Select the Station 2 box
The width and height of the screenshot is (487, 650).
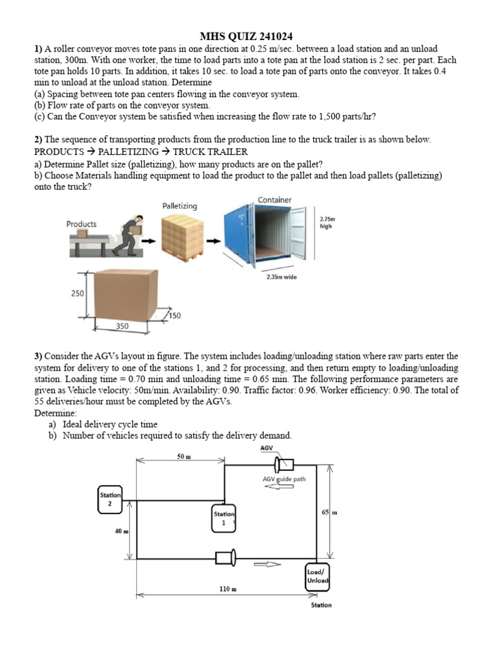(x=109, y=499)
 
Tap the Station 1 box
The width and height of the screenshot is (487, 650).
(x=224, y=518)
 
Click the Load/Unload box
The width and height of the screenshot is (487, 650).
(x=317, y=576)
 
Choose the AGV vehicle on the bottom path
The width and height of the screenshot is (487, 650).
(x=226, y=558)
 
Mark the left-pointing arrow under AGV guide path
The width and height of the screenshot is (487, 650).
(x=274, y=488)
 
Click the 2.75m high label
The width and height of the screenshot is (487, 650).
(x=327, y=222)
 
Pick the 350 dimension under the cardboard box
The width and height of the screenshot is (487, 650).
(x=122, y=326)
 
